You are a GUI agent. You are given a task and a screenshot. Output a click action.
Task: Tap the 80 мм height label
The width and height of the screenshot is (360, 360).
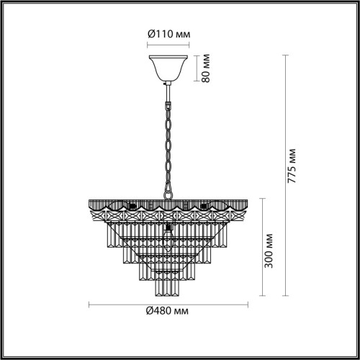207,67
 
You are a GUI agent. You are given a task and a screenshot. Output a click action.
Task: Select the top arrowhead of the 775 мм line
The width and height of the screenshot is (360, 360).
282,55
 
